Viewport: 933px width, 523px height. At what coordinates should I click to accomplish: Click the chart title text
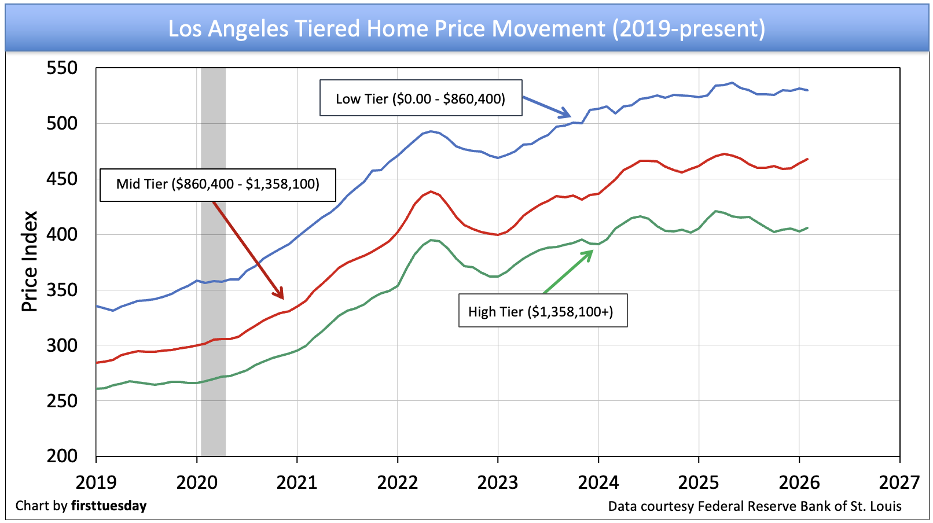click(x=467, y=28)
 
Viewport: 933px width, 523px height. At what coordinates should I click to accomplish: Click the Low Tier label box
click(x=421, y=98)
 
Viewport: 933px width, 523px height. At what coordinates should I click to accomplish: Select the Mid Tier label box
click(x=218, y=185)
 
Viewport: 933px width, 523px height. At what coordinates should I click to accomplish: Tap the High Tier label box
click(x=543, y=311)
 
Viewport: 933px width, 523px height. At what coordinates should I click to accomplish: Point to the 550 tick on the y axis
click(x=62, y=68)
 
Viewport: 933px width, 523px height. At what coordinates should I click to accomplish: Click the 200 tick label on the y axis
click(x=62, y=456)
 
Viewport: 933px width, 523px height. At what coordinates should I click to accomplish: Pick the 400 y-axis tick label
click(x=62, y=234)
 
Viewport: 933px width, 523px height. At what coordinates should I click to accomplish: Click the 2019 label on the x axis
click(x=96, y=483)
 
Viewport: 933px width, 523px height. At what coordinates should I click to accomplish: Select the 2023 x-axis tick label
click(x=498, y=483)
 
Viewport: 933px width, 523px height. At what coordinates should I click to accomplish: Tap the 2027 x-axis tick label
click(x=899, y=483)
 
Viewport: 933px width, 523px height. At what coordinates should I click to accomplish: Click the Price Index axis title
click(x=30, y=261)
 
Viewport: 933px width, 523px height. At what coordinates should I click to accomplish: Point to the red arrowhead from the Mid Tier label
click(x=278, y=293)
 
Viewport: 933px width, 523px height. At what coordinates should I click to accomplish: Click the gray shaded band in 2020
click(x=213, y=261)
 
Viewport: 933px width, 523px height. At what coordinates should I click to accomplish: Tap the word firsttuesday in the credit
click(x=109, y=506)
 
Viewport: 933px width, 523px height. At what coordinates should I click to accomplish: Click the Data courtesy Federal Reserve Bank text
click(x=755, y=506)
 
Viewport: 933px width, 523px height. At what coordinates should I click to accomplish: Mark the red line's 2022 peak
click(x=431, y=191)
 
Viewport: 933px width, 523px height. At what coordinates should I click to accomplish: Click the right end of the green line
click(x=807, y=228)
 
